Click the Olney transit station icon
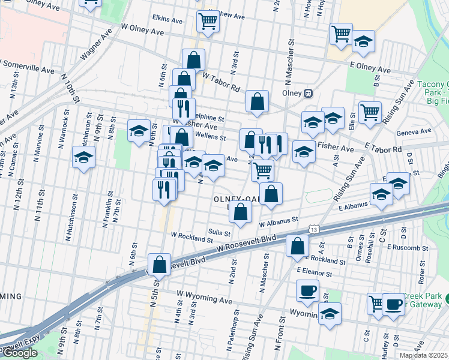309,94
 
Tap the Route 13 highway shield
313,229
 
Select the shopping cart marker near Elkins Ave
208,22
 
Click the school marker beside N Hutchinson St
84,158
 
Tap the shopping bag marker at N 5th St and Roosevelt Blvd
159,263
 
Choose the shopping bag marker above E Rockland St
297,246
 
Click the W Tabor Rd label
222,82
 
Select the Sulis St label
219,232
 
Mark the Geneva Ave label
414,132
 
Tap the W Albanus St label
279,221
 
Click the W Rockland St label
191,236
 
